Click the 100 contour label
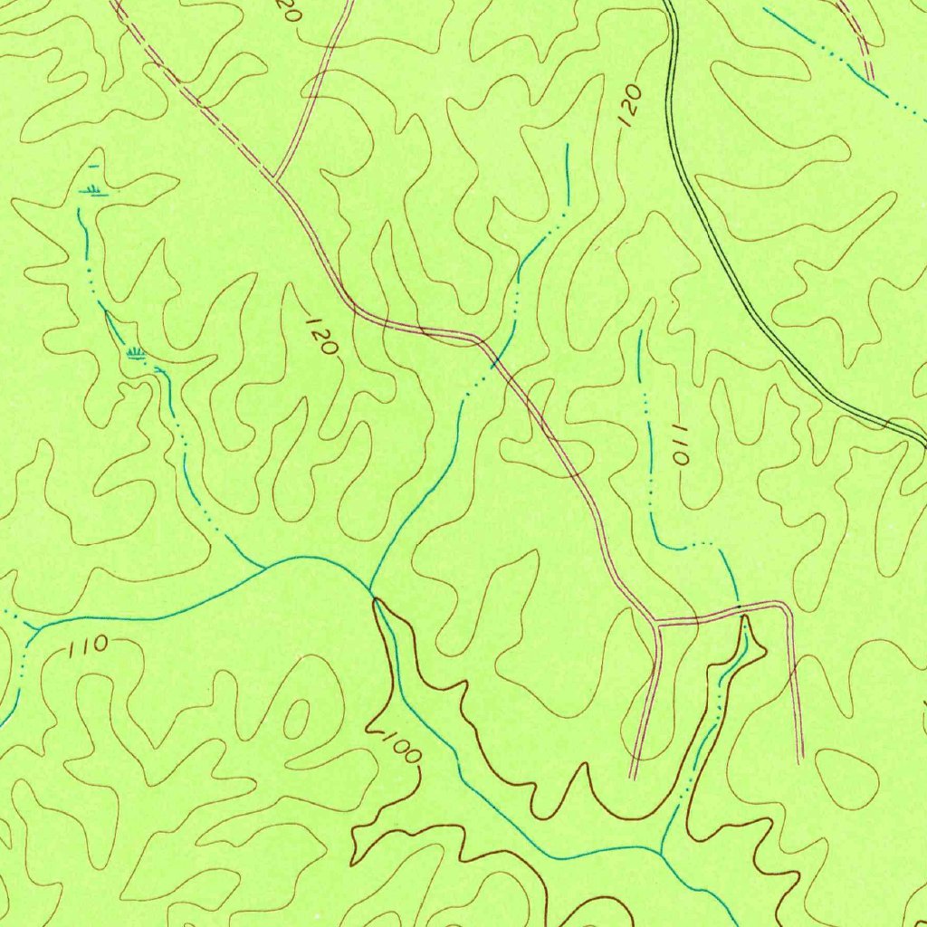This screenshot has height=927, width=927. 396,748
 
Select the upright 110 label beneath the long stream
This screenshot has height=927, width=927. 88,646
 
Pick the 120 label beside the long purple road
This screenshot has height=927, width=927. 321,336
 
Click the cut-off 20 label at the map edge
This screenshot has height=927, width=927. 289,10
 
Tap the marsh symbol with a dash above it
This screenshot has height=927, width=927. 91,187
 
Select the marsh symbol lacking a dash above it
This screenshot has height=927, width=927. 136,352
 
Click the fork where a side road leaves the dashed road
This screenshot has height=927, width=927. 274,177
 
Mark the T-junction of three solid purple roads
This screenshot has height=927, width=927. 655,623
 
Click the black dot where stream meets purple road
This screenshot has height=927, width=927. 740,606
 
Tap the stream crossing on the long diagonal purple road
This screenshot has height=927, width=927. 495,362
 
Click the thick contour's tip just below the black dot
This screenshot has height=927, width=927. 746,618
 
